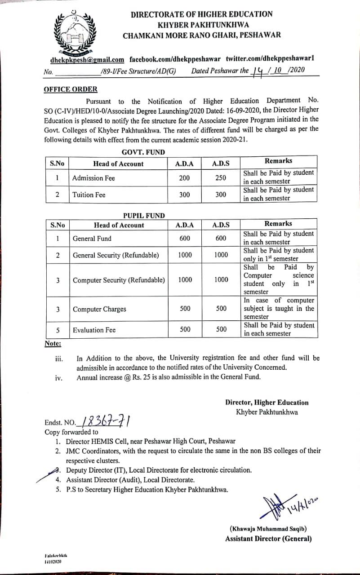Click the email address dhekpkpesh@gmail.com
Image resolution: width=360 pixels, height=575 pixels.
[x=87, y=60]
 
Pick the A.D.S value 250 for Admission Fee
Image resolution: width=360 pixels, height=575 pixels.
[x=220, y=178]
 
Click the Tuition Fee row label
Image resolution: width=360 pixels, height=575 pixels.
[x=89, y=195]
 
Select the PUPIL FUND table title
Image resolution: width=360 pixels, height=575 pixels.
[x=144, y=216]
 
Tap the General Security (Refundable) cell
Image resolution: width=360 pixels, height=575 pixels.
[x=116, y=255]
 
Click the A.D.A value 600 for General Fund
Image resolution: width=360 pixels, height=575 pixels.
[x=185, y=239]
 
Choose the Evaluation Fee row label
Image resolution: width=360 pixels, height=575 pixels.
[x=94, y=330]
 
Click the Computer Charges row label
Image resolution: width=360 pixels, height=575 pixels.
[x=99, y=309]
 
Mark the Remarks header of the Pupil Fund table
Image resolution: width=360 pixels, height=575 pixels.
[x=278, y=223]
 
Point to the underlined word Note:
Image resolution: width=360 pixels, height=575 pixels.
[x=53, y=344]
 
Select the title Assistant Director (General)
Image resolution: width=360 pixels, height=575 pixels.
[x=268, y=539]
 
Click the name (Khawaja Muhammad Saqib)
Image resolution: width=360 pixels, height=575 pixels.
[x=268, y=529]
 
